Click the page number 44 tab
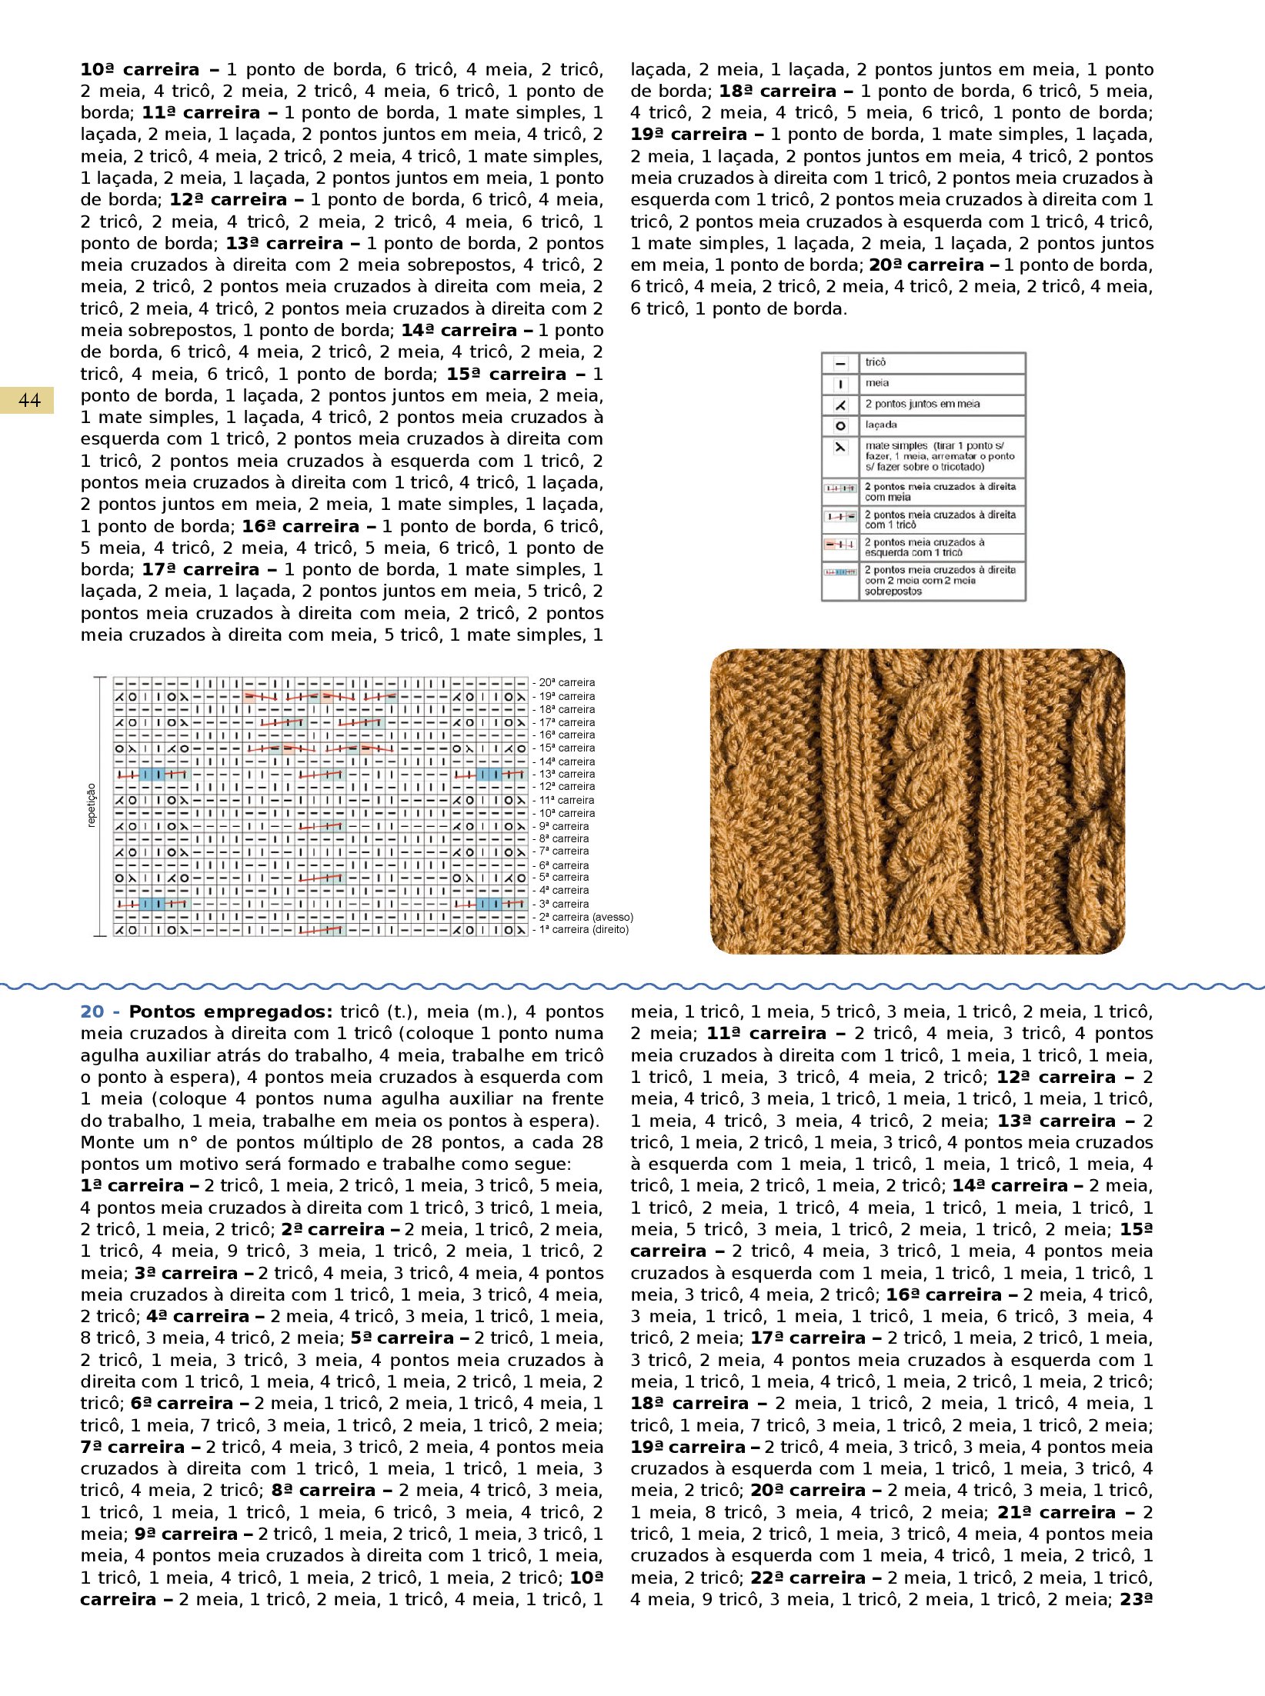tap(28, 400)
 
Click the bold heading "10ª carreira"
tap(139, 70)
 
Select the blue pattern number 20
tap(92, 1012)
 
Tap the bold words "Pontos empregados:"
tap(230, 1012)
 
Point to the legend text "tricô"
tap(876, 362)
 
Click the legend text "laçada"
tap(881, 425)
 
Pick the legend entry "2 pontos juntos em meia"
tap(923, 404)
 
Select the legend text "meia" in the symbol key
tap(877, 383)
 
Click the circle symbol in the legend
tap(840, 425)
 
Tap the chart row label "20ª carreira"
tap(566, 682)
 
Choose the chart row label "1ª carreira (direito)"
tap(583, 930)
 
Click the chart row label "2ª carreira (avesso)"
tap(586, 917)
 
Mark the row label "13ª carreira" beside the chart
tap(566, 774)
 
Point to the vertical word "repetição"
tap(92, 805)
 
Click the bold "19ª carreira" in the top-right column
tap(689, 135)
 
